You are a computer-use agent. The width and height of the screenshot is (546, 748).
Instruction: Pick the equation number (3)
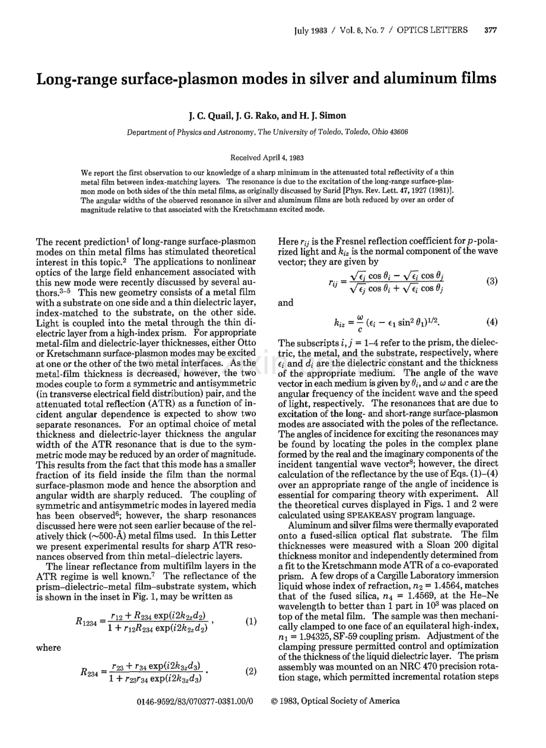(491, 281)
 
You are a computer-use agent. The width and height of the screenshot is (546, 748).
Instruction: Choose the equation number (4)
(491, 322)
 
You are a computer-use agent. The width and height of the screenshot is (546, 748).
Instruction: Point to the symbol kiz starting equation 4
(341, 323)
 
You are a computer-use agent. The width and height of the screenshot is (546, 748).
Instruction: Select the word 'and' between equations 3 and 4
(286, 302)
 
